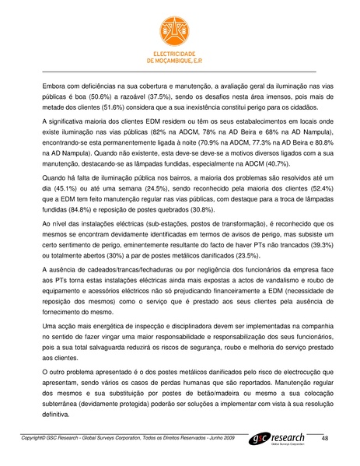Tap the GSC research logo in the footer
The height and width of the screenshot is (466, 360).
281,440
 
